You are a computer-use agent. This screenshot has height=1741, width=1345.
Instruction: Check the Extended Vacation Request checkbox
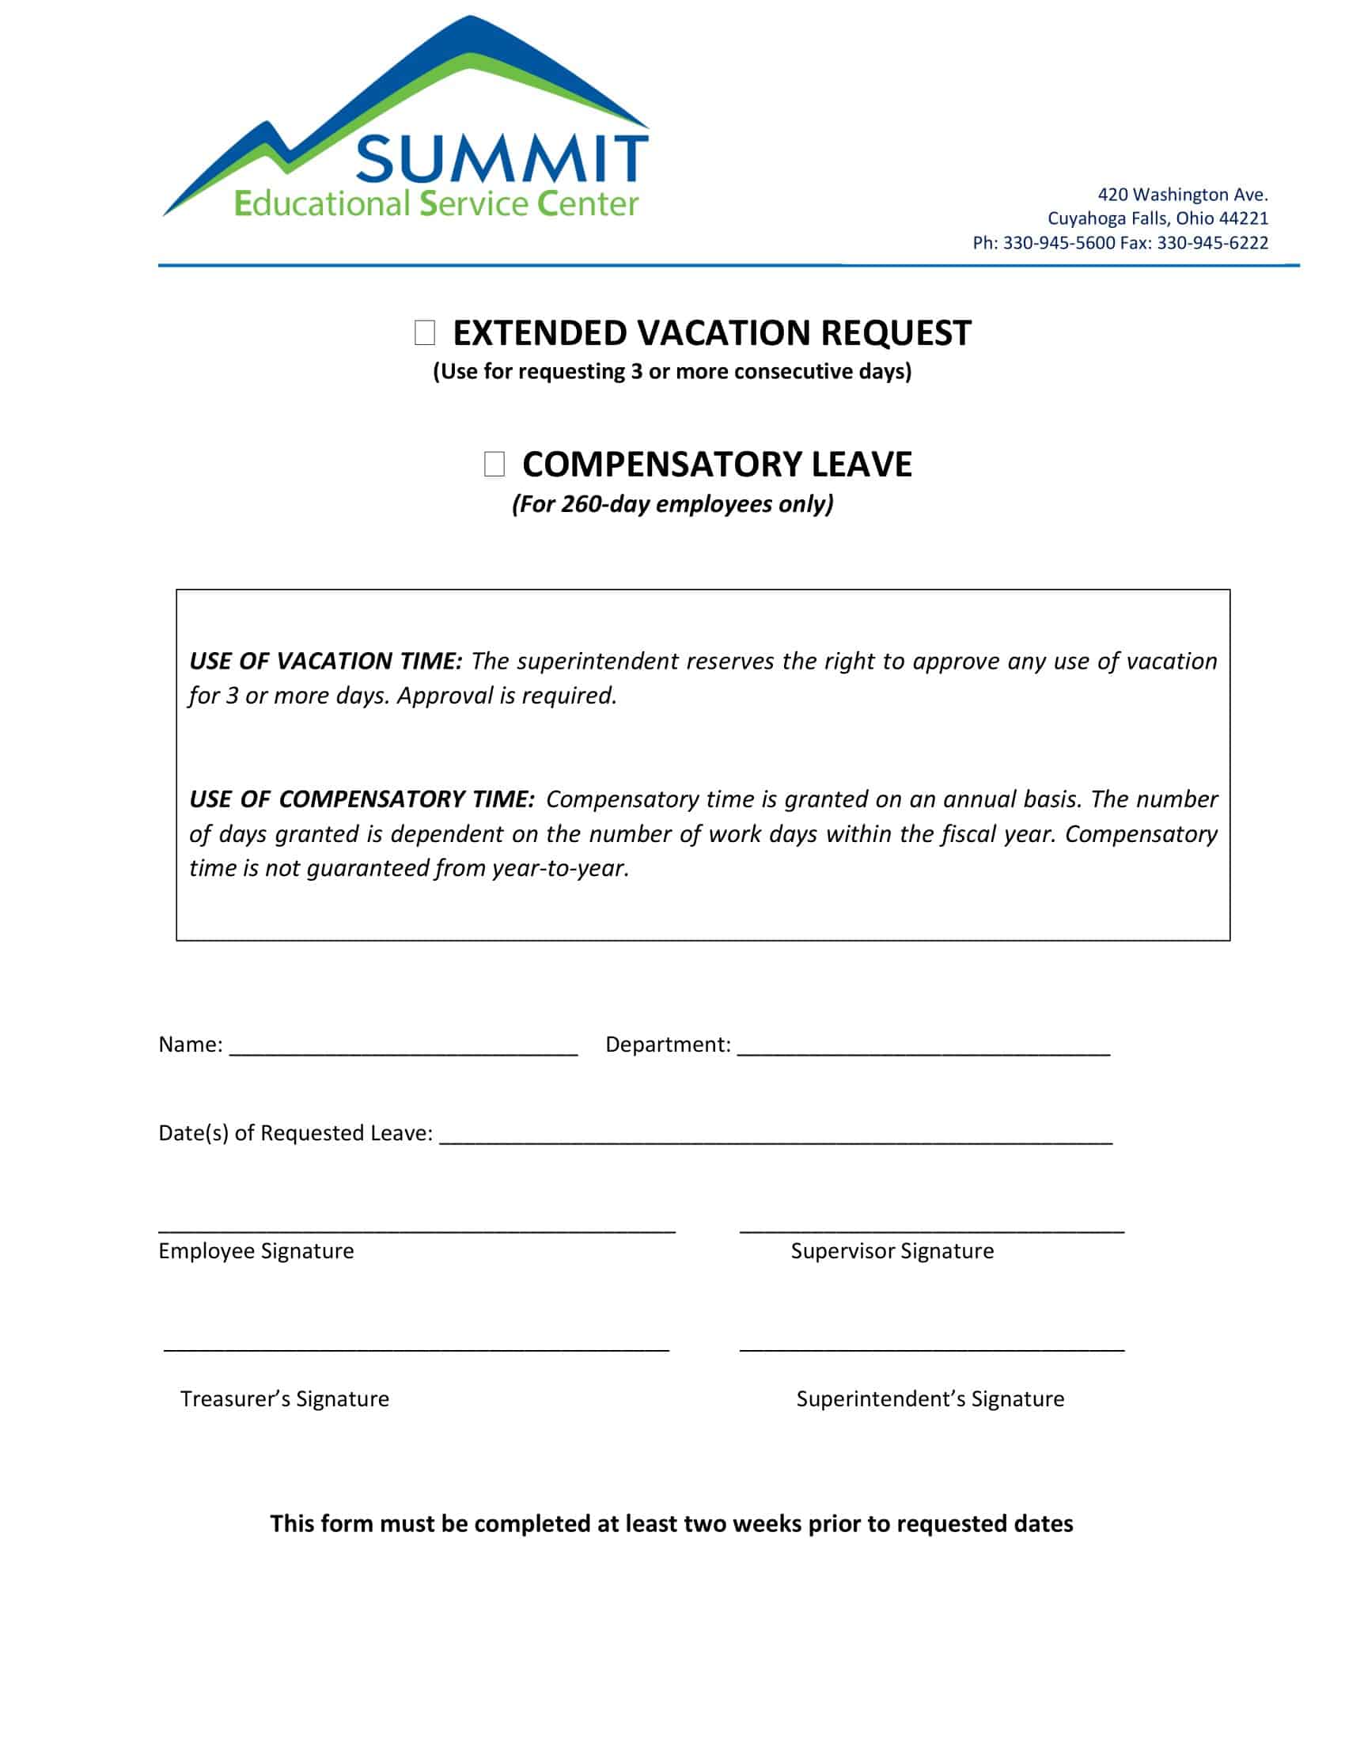point(425,332)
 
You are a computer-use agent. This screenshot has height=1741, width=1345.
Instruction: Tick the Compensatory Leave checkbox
point(494,464)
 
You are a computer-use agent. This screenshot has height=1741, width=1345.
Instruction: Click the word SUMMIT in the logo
point(501,159)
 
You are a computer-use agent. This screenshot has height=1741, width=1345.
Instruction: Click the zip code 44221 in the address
point(1244,218)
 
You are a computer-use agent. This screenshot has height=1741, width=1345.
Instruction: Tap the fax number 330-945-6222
point(1212,243)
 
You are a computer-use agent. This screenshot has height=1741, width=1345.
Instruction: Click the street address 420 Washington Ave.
point(1183,195)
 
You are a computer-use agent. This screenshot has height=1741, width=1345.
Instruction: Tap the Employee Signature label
point(256,1250)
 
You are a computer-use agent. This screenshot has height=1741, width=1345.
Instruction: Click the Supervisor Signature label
point(892,1250)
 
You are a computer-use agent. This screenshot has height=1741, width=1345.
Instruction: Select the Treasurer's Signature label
point(285,1398)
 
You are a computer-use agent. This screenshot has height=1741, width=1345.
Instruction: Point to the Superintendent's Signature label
point(930,1398)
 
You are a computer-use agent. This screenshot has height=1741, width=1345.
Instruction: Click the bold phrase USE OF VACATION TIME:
point(325,661)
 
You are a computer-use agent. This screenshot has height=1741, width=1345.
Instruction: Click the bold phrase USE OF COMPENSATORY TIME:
point(362,798)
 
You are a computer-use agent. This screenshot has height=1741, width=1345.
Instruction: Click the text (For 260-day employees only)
point(672,504)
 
